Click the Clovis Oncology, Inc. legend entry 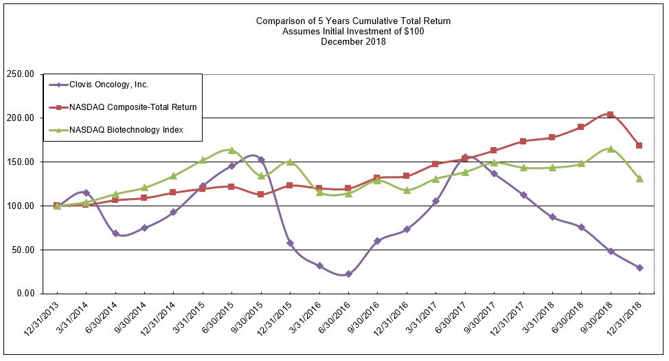click(x=108, y=85)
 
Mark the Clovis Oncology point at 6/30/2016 click(x=348, y=274)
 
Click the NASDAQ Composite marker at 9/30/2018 click(x=611, y=115)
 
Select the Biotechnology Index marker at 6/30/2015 click(x=231, y=150)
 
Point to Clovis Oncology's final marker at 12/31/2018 click(x=639, y=267)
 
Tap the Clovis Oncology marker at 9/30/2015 click(x=261, y=160)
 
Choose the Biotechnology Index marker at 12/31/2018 click(x=639, y=178)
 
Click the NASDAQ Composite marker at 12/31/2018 click(x=639, y=145)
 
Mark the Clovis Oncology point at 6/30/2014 click(x=115, y=233)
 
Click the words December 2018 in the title click(x=353, y=41)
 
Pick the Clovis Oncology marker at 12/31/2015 click(x=290, y=243)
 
